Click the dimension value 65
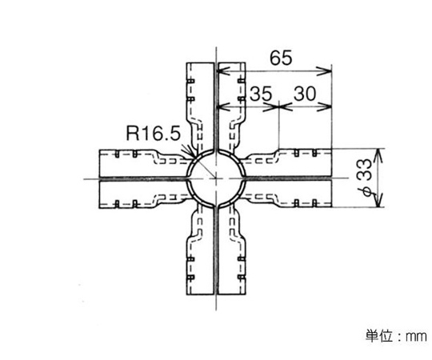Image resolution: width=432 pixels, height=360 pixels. pos(281,58)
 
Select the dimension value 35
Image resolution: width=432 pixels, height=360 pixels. pos(261,94)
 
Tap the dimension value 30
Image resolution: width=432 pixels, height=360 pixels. pos(305,94)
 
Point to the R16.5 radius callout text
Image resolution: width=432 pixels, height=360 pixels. pos(153,134)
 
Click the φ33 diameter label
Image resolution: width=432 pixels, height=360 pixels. pos(367,178)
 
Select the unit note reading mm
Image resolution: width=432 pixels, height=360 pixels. pos(416,336)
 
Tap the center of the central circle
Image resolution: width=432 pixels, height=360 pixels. pos(216,178)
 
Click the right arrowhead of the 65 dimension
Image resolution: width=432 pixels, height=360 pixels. pos(324,71)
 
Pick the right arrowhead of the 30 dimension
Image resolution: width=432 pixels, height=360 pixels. pos(324,106)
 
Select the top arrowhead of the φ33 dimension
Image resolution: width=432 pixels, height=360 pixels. pos(379,156)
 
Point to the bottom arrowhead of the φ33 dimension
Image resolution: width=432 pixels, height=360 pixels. pos(379,200)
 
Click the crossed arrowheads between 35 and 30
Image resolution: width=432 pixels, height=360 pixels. pos(279,106)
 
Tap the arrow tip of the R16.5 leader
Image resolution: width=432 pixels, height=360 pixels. pos(193,156)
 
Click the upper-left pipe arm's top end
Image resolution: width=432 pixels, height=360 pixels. pos(200,63)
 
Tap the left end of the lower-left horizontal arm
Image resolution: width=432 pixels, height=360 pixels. pos(99,194)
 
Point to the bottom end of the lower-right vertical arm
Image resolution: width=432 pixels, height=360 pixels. pos(231,294)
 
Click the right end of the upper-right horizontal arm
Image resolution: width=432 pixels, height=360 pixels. pos(331,162)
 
